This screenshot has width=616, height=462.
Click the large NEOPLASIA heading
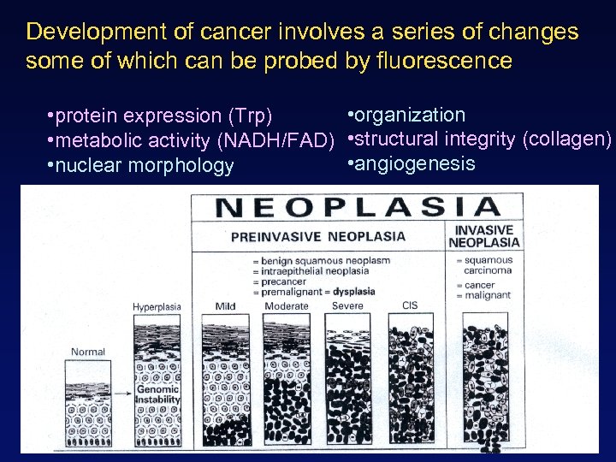357,206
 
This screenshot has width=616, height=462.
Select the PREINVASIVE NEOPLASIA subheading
317,236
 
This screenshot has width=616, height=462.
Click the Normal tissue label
88,352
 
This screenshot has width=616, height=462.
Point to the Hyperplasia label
156,306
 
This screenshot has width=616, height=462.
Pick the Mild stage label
225,306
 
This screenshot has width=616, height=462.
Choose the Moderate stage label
287,306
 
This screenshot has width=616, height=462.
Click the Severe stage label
347,306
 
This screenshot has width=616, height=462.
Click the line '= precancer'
281,281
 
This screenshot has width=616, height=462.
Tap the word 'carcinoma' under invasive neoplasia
489,270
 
